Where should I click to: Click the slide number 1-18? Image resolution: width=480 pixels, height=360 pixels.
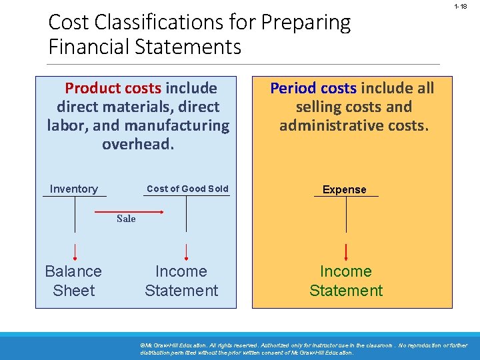coord(460,7)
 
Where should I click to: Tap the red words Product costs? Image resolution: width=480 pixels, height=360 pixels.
coord(113,88)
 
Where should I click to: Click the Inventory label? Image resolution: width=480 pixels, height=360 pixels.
coord(73,189)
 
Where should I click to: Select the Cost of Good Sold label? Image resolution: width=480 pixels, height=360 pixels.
coord(187,189)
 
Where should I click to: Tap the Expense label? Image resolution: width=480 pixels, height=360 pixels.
coord(345,189)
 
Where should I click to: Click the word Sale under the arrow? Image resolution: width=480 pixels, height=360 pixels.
coord(126,219)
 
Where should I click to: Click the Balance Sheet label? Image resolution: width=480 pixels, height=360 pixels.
coord(73,281)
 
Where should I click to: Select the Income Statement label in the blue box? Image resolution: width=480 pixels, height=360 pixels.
coord(181,281)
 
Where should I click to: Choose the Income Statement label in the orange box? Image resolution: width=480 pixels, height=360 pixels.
coord(345,281)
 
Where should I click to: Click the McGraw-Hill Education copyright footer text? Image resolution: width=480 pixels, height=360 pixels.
coord(303,349)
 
